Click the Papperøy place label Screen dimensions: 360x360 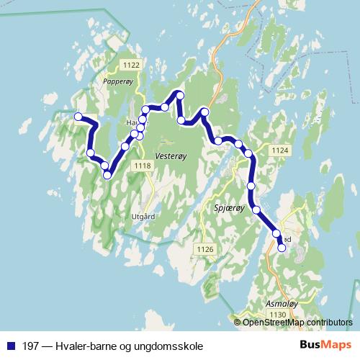(x=119, y=82)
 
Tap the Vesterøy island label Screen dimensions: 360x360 (x=171, y=155)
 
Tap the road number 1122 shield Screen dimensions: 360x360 (x=131, y=66)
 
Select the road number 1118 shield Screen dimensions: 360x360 (x=143, y=166)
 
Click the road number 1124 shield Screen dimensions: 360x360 (x=280, y=150)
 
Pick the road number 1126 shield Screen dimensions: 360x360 (x=205, y=249)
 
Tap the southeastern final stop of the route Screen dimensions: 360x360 (x=282, y=248)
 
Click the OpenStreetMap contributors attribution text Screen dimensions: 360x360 (x=297, y=322)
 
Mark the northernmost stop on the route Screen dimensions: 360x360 (x=180, y=95)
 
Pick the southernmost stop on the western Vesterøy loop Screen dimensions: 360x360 (x=107, y=174)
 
